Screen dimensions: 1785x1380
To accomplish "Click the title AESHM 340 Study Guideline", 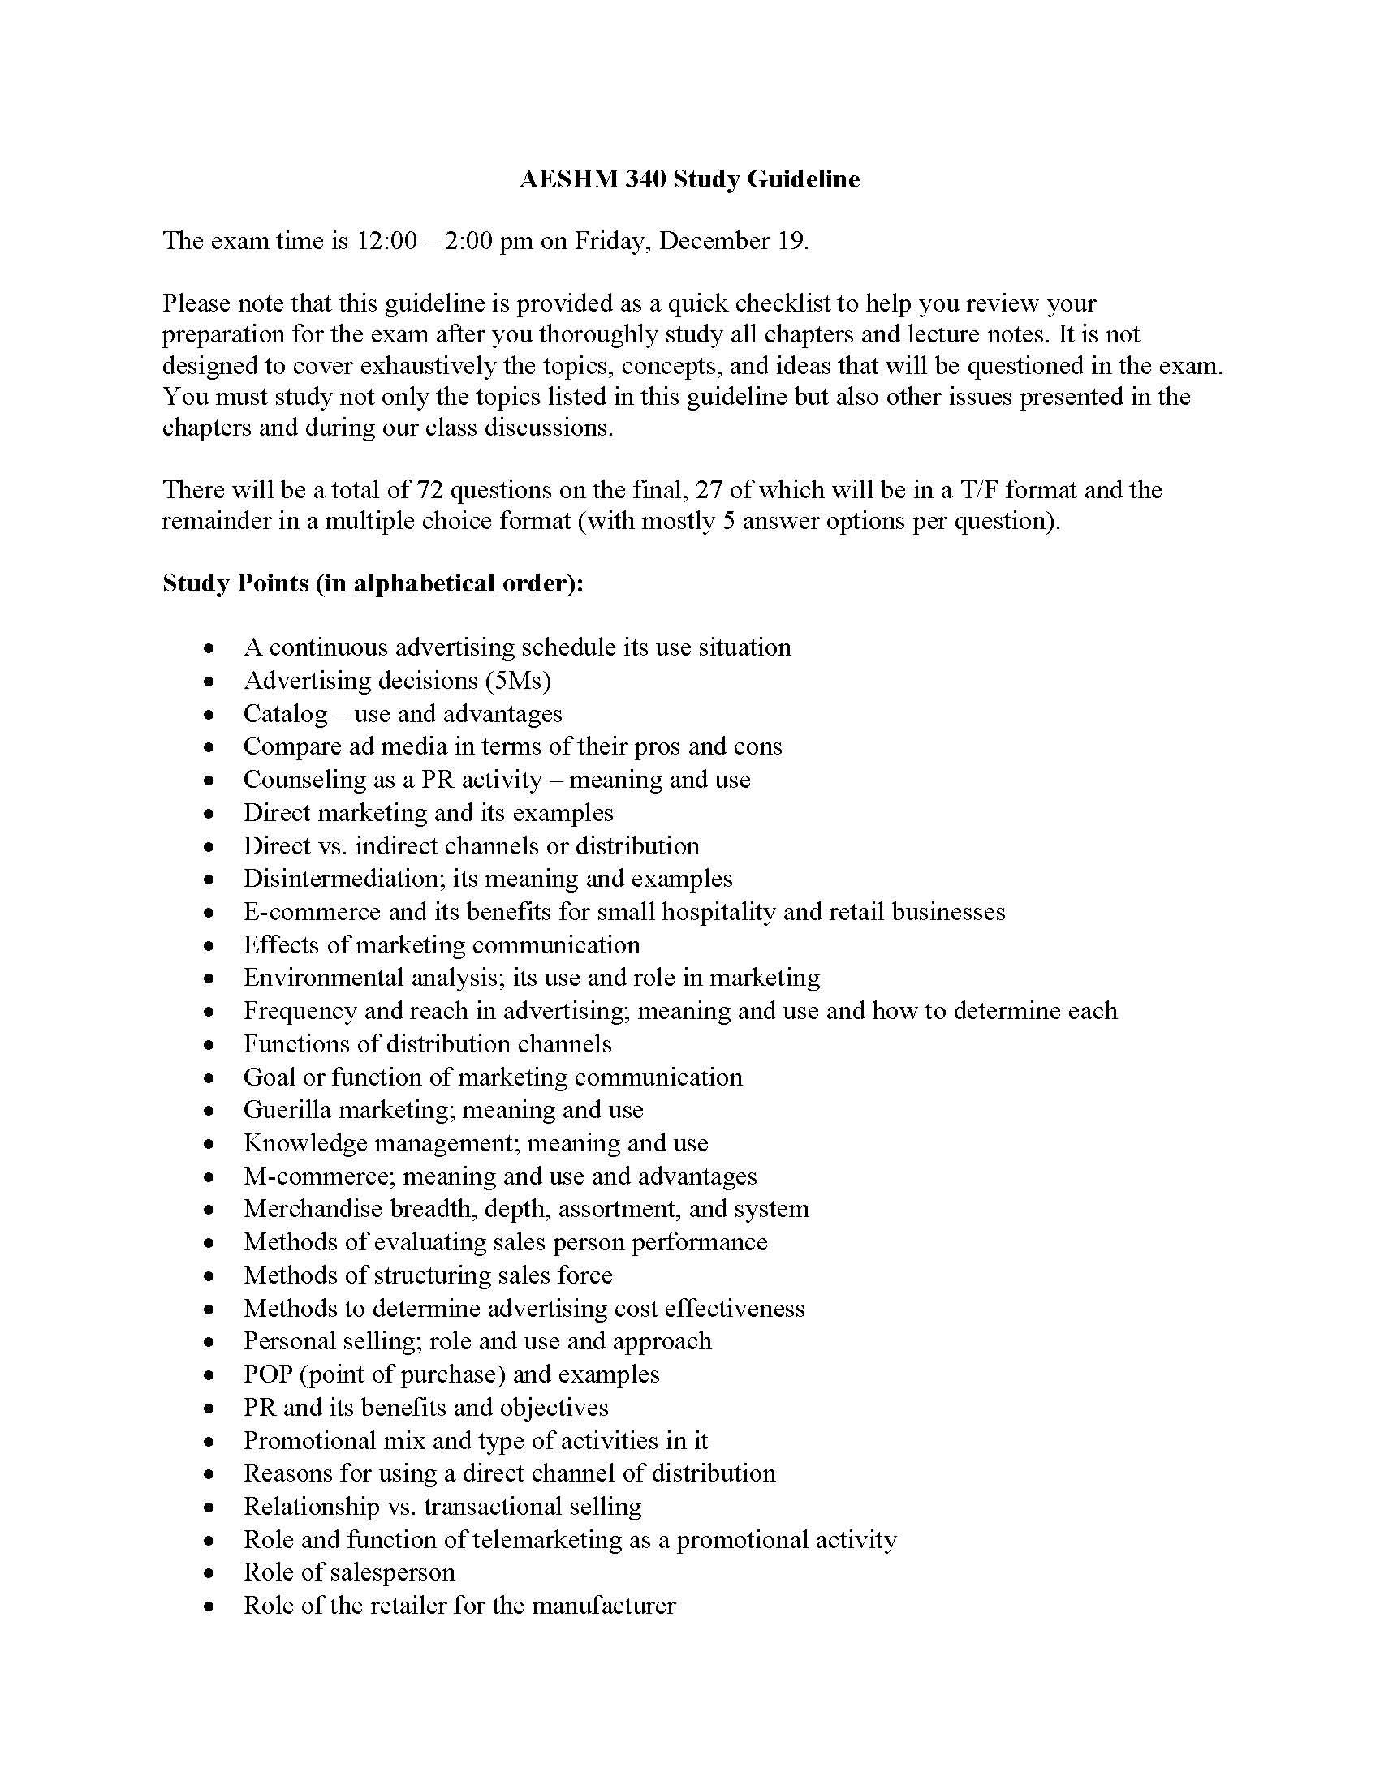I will coord(689,179).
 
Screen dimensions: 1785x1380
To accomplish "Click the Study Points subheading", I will coord(373,583).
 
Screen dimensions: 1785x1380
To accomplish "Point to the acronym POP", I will coord(267,1374).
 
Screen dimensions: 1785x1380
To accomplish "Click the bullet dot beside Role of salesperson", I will coord(210,1573).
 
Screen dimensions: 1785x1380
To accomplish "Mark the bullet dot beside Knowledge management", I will coord(210,1144).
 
